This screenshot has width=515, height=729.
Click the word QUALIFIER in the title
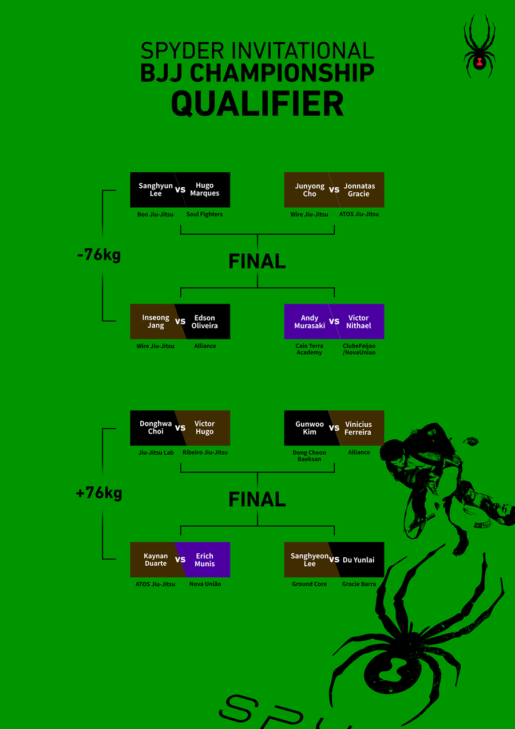pos(257,104)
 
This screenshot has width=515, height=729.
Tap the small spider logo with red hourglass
pos(480,46)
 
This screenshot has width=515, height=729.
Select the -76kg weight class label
pos(99,255)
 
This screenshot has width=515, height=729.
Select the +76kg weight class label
pos(99,493)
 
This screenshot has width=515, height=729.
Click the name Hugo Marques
pos(204,189)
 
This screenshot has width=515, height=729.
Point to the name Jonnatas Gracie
pos(359,190)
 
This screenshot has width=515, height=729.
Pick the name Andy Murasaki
pos(310,321)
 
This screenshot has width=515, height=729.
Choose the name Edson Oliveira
pos(204,321)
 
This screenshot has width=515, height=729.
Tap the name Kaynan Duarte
pos(156,559)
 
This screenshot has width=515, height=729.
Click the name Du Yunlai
pos(359,559)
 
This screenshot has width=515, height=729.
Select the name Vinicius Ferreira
pos(358,428)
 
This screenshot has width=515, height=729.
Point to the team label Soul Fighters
pos(204,214)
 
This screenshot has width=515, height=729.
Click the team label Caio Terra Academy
pos(309,349)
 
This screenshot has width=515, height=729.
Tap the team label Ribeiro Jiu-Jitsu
pos(205,452)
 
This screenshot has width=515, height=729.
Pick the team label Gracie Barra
pos(359,584)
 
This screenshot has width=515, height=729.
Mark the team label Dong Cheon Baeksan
pos(309,456)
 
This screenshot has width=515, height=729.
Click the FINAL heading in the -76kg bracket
pos(257,261)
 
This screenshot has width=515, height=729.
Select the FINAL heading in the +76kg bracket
pos(257,499)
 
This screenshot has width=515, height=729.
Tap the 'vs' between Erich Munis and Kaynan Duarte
pos(180,559)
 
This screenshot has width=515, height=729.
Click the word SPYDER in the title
pos(182,50)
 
